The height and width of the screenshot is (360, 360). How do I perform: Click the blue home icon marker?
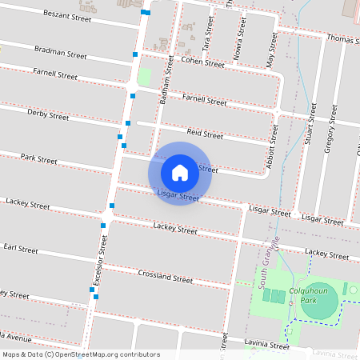(x=180, y=172)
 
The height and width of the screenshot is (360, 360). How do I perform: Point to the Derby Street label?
(x=48, y=115)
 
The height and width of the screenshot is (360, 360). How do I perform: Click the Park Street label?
(x=38, y=159)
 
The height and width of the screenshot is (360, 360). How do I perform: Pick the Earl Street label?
(x=21, y=250)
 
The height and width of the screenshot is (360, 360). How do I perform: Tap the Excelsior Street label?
(x=100, y=261)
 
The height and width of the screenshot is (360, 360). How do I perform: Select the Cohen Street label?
(x=202, y=62)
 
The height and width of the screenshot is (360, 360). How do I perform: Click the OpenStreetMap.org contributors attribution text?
(x=108, y=354)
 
